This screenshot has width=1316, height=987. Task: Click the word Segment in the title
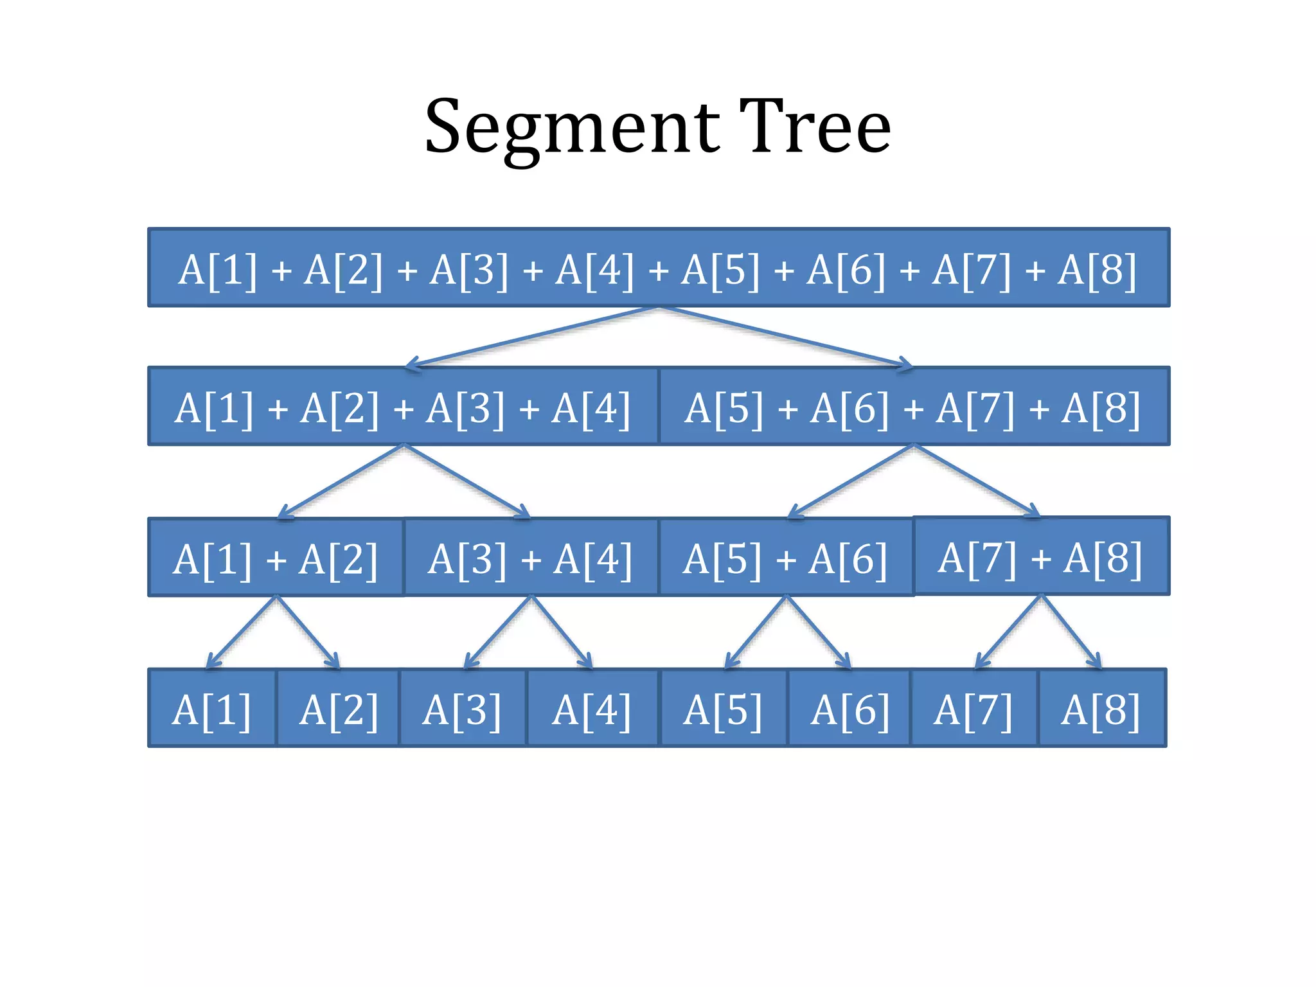click(572, 129)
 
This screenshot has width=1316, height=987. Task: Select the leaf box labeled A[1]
click(212, 709)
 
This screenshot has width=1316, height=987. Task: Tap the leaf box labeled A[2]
click(338, 709)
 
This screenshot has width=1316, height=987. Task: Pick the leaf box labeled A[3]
click(463, 709)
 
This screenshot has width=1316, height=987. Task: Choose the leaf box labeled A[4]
click(592, 709)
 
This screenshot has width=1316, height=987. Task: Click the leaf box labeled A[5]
click(723, 709)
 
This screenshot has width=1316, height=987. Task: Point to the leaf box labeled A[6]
click(849, 709)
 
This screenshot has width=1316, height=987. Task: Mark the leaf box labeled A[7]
click(974, 709)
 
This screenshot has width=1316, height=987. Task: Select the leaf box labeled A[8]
click(1101, 709)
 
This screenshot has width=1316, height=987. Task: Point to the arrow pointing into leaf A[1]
click(241, 633)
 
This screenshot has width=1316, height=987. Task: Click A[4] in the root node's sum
click(594, 269)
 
